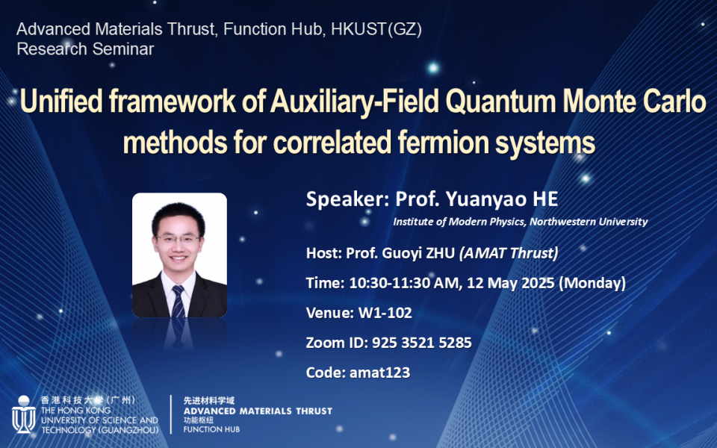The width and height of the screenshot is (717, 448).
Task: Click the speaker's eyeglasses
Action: point(179,240)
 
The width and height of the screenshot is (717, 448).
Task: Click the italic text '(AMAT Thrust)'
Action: point(509,253)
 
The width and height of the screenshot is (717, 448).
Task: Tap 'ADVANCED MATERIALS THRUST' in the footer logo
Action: point(258,411)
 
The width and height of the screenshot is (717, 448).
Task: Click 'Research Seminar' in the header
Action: point(85,50)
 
